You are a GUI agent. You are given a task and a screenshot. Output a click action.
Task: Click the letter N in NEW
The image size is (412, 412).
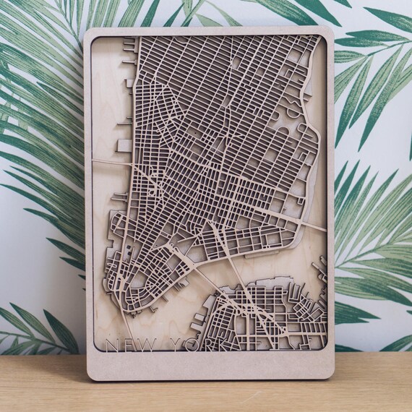click(x=111, y=344)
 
